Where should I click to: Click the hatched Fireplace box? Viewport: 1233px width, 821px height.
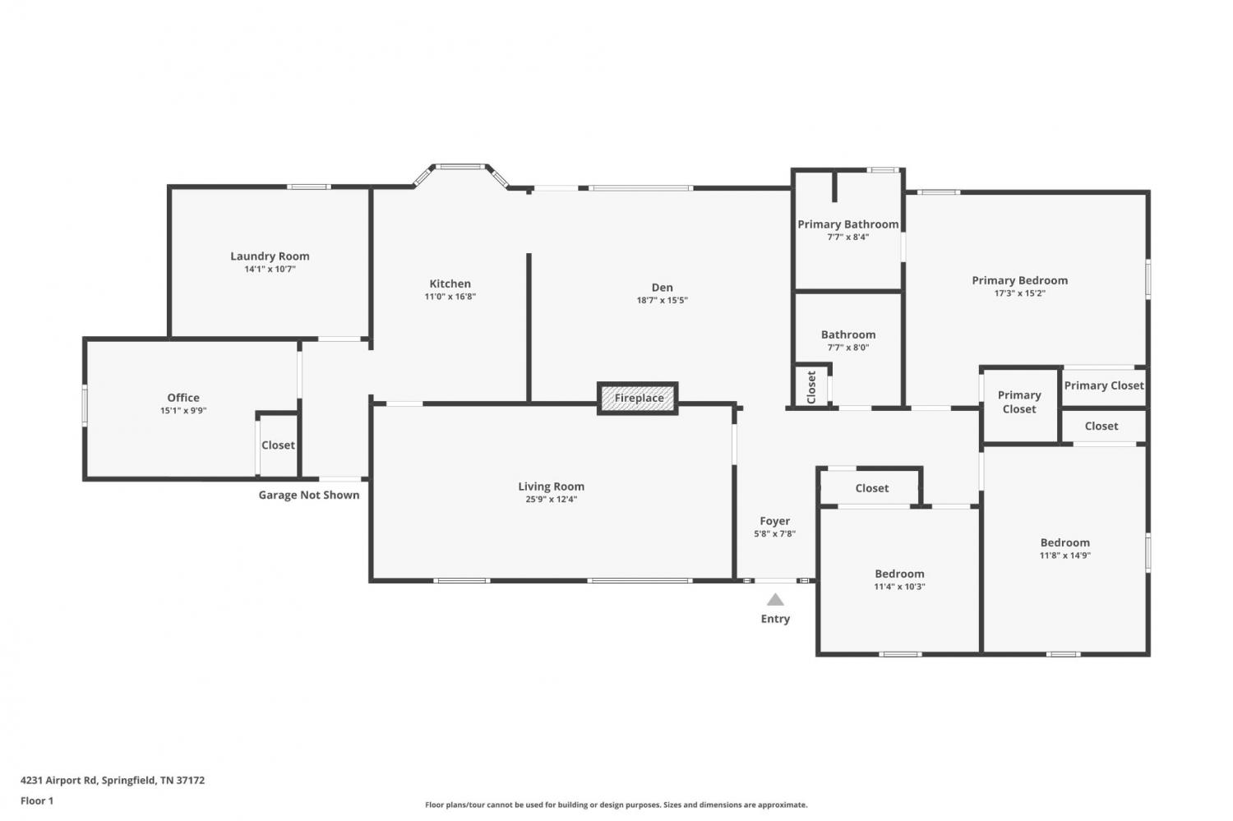(637, 398)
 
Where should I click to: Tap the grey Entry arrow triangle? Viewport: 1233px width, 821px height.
(775, 599)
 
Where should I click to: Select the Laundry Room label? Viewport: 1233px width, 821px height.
(270, 256)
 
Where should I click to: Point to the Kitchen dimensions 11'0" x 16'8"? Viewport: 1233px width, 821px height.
(450, 297)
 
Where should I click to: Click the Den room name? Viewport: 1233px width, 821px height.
(663, 288)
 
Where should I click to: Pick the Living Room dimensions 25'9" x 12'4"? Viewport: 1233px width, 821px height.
(551, 500)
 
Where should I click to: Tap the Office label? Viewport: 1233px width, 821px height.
(183, 397)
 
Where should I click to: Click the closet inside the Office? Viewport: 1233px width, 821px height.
(278, 445)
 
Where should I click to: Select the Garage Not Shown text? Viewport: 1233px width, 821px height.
(309, 495)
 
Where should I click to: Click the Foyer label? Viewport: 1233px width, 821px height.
(775, 520)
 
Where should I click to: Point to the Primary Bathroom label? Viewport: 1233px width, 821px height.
(848, 224)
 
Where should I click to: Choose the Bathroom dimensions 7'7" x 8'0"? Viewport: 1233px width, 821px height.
(848, 347)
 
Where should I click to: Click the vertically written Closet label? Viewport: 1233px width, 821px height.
(810, 387)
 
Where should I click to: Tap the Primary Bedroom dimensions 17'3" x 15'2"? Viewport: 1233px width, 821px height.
(1019, 293)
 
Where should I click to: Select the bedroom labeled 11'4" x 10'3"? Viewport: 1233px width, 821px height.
(899, 580)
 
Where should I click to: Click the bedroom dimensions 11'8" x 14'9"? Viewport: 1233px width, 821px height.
(1064, 556)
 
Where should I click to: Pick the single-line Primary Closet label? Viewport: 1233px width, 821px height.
(1104, 385)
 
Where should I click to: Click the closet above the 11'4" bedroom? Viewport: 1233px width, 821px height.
(871, 487)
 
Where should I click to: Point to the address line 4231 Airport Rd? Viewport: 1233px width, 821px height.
(113, 780)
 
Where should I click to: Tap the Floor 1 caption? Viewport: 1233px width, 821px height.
(37, 800)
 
